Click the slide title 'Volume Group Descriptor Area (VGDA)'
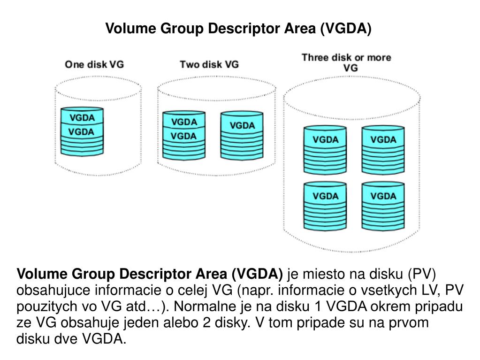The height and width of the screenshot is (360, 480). pos(238,29)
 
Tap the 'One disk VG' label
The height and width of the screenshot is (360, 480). pos(94,65)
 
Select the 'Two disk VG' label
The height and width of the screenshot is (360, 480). pos(209,65)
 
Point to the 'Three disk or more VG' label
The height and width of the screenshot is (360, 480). pos(346,62)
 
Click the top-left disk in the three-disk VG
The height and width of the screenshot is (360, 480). pos(325,150)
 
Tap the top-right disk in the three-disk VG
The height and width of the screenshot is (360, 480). pos(383,150)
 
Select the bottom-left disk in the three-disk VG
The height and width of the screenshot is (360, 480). pos(325,206)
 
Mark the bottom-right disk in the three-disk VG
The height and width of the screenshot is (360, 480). pos(383,206)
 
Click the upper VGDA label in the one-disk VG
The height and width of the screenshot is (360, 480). pos(82,117)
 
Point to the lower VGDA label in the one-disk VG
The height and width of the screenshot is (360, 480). pos(82,132)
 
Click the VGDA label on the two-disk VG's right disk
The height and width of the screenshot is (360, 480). pos(242,125)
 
